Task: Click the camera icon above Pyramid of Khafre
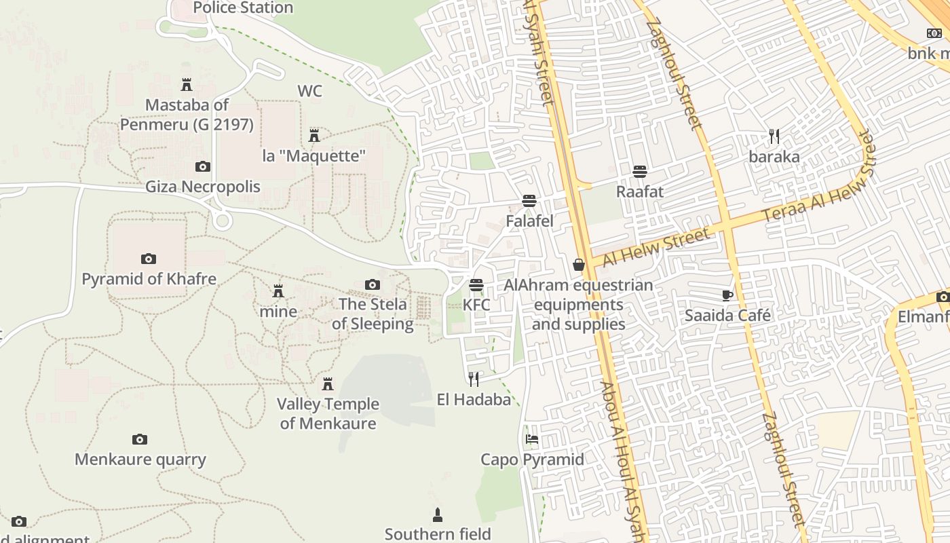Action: click(149, 259)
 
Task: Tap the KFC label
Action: click(476, 305)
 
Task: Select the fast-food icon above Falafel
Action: click(529, 201)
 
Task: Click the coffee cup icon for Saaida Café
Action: click(727, 295)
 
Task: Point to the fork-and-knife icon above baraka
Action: click(774, 136)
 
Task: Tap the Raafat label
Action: click(639, 191)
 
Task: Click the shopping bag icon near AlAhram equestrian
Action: click(579, 265)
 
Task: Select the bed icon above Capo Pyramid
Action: click(532, 439)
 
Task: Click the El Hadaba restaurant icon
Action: click(474, 379)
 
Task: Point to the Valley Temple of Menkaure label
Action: click(328, 413)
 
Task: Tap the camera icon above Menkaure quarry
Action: click(140, 439)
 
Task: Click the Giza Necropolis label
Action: click(203, 187)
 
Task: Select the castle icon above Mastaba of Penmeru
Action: click(187, 85)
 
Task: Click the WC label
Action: click(309, 91)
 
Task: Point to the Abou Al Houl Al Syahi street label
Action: click(623, 462)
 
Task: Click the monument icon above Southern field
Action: click(438, 514)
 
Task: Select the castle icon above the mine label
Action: click(278, 291)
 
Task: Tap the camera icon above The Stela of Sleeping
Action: click(373, 284)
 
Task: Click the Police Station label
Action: click(243, 8)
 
